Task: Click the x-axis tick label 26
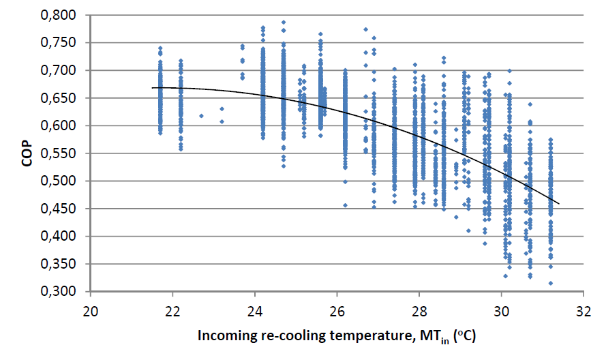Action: [337, 306]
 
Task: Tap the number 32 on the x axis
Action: [584, 306]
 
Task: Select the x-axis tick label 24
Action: [255, 306]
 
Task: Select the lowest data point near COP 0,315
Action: [551, 283]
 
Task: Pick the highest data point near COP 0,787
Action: [284, 22]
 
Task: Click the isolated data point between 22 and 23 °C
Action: [201, 116]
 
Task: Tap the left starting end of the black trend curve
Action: [152, 87]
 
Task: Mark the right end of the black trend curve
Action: [559, 203]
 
